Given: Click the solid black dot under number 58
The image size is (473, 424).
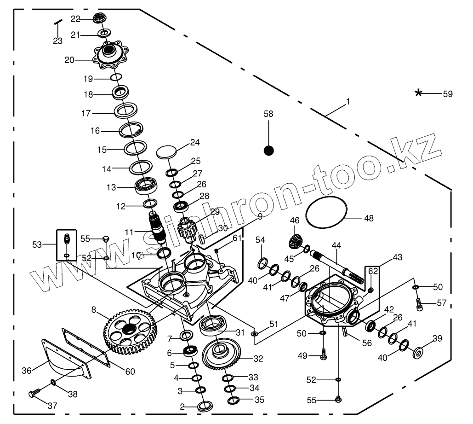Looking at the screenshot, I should [x=269, y=150].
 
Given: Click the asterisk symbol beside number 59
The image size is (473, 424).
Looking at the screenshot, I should [x=418, y=93].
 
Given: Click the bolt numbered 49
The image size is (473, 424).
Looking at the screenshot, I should [x=323, y=354].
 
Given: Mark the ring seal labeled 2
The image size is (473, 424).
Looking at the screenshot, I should [x=205, y=406].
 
